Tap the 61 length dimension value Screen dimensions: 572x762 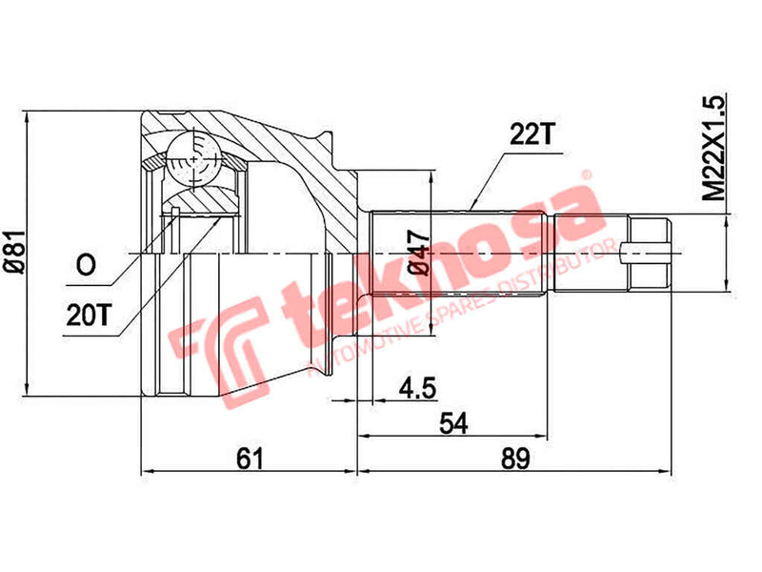click(x=249, y=459)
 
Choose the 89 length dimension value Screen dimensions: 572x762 click(x=514, y=459)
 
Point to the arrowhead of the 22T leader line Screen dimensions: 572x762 click(x=472, y=207)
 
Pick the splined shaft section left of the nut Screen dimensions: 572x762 click(x=457, y=253)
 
